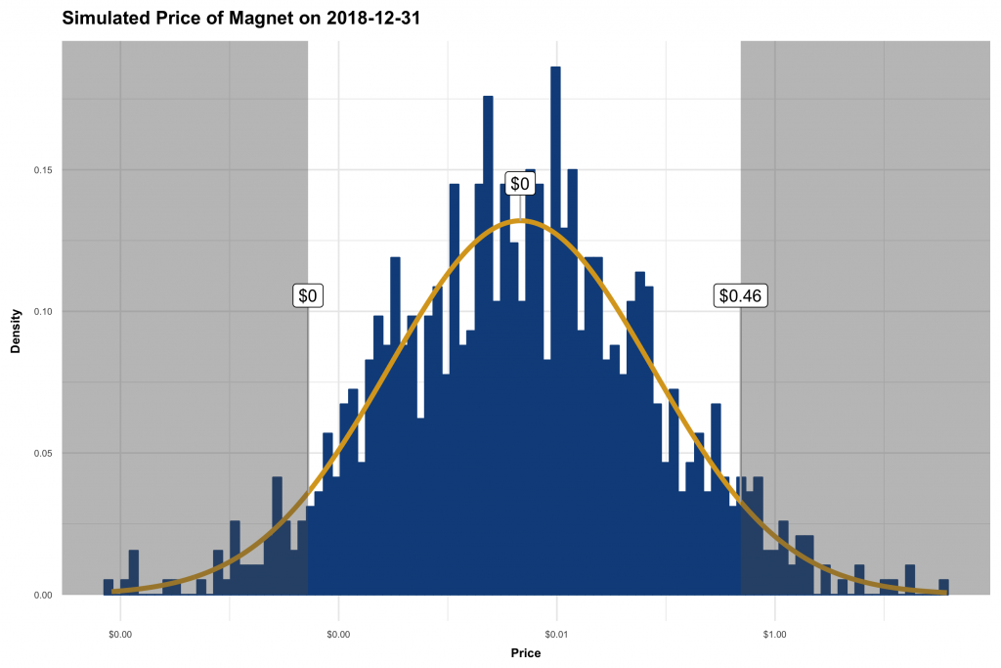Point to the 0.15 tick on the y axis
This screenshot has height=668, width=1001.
pyautogui.click(x=43, y=170)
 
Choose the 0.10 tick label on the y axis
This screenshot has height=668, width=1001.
pyautogui.click(x=43, y=312)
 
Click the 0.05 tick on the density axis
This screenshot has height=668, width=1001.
pyautogui.click(x=43, y=454)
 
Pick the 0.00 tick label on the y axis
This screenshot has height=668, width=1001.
pyautogui.click(x=43, y=595)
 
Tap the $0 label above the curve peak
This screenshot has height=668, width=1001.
pyautogui.click(x=520, y=184)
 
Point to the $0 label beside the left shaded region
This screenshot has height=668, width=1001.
pyautogui.click(x=308, y=294)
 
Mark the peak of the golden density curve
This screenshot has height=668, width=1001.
pyautogui.click(x=522, y=221)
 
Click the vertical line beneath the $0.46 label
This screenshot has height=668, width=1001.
pyautogui.click(x=740, y=440)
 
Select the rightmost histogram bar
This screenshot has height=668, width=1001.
pyautogui.click(x=943, y=587)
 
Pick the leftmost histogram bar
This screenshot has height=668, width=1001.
pyautogui.click(x=108, y=587)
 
